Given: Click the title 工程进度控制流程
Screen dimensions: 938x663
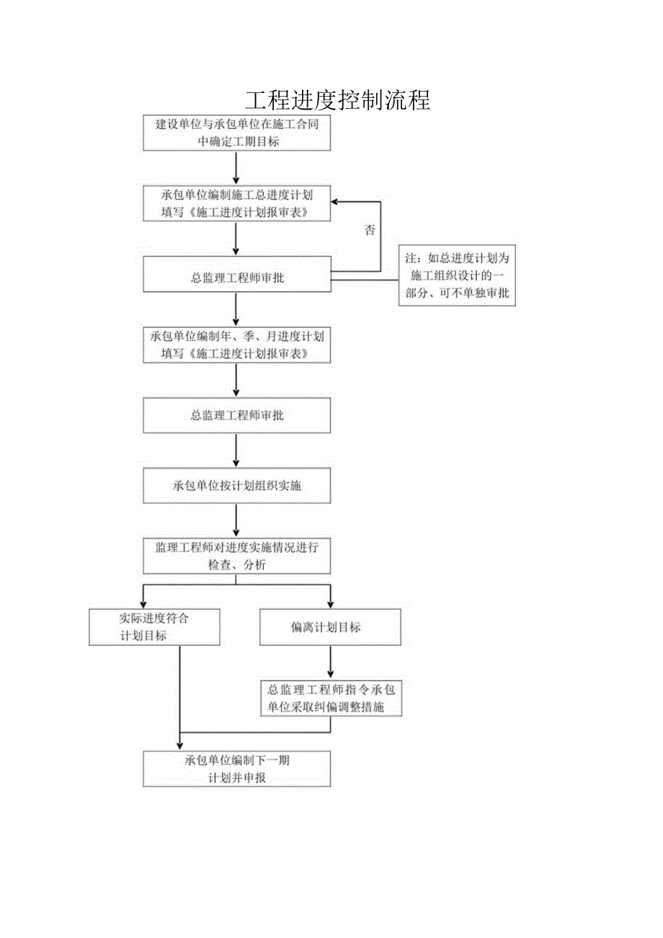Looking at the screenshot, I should pyautogui.click(x=337, y=100).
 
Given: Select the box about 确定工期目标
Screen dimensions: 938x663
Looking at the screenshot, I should pyautogui.click(x=236, y=133).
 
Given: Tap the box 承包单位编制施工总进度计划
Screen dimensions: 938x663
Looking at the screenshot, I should pyautogui.click(x=236, y=203).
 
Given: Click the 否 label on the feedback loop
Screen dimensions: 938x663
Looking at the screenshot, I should pyautogui.click(x=370, y=231).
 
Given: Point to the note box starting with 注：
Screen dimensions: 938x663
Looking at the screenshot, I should pyautogui.click(x=458, y=275).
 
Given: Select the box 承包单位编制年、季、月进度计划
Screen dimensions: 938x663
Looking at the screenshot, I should pyautogui.click(x=236, y=345).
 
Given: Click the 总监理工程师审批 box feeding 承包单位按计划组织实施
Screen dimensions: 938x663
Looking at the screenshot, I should pyautogui.click(x=236, y=415).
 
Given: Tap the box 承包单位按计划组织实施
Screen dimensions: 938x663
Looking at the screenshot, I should pyautogui.click(x=236, y=485).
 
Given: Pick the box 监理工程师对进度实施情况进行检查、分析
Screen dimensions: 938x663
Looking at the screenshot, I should pyautogui.click(x=236, y=556).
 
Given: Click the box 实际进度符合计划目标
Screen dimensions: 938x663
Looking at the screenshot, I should pyautogui.click(x=154, y=627).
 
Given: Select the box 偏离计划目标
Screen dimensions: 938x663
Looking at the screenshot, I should pyautogui.click(x=330, y=627).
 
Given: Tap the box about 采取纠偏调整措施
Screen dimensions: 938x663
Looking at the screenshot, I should pyautogui.click(x=330, y=699).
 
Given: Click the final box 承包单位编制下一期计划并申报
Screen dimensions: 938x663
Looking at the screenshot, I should pyautogui.click(x=236, y=769).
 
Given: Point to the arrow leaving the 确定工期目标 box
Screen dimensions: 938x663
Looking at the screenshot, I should pyautogui.click(x=236, y=167).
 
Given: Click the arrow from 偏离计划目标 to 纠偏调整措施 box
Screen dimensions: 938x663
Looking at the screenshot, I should pyautogui.click(x=330, y=662).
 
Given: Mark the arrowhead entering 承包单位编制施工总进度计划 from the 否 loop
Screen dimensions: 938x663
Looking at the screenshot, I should pyautogui.click(x=337, y=203).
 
